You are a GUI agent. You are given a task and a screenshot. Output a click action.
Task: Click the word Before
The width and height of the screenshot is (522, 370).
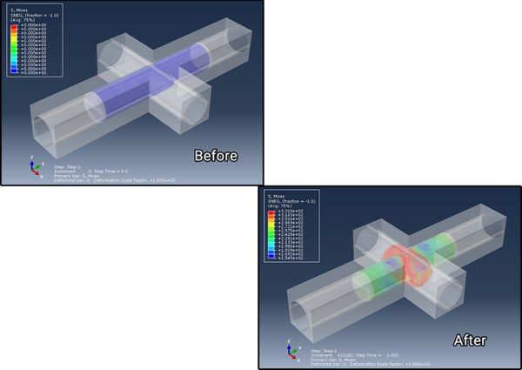click(216, 156)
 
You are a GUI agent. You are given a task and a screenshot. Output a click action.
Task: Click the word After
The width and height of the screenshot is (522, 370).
click(469, 340)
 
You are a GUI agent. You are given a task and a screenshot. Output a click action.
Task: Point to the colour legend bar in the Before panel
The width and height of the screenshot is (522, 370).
click(14, 48)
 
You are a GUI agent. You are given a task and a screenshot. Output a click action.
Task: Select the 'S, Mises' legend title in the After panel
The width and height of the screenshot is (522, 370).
click(278, 196)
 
